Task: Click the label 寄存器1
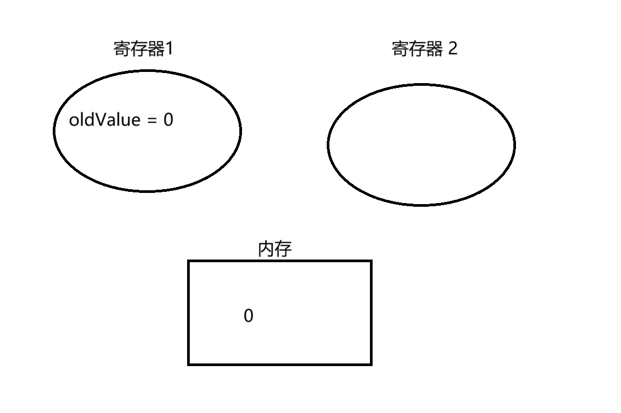[x=143, y=49]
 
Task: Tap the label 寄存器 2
[x=424, y=49]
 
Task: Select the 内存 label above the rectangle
[x=275, y=249]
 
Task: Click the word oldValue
[x=104, y=120]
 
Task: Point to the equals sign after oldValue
[x=152, y=120]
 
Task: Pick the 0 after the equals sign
[x=168, y=120]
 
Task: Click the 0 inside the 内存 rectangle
[x=248, y=316]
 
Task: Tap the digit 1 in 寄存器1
[x=170, y=49]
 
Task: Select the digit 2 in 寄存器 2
[x=453, y=49]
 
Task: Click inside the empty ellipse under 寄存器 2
[x=421, y=144]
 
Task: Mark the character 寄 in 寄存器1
[x=123, y=49]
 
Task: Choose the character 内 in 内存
[x=266, y=249]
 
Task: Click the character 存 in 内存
[x=283, y=249]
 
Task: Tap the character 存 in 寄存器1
[x=140, y=49]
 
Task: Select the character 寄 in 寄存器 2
[x=400, y=49]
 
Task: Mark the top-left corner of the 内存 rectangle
[x=189, y=261]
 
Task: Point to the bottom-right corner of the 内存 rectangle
[x=370, y=364]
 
